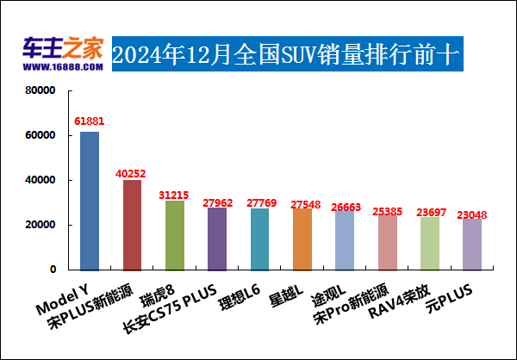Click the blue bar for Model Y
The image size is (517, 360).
(90, 200)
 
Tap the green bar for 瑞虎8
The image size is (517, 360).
(175, 234)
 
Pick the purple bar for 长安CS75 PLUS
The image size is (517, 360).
(217, 238)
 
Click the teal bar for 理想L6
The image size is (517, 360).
(259, 239)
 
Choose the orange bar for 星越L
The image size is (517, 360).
(302, 239)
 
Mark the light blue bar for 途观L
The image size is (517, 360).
(345, 239)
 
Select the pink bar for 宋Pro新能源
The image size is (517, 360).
(387, 241)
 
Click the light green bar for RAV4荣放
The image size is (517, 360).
(429, 243)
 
